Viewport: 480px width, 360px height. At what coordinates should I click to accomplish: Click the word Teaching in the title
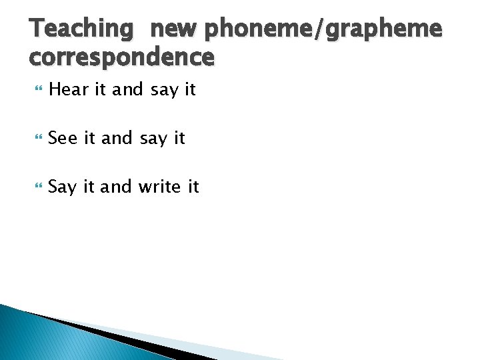pyautogui.click(x=82, y=29)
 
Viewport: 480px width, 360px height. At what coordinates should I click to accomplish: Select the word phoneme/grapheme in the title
pyautogui.click(x=323, y=29)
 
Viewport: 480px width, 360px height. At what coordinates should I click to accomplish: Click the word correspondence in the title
pyautogui.click(x=122, y=57)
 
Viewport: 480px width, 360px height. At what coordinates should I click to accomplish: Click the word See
pyautogui.click(x=63, y=138)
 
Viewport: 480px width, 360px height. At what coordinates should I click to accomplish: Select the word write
pyautogui.click(x=160, y=187)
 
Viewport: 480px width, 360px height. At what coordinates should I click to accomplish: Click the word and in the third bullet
pyautogui.click(x=117, y=187)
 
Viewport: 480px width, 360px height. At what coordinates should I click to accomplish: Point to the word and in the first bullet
pyautogui.click(x=128, y=89)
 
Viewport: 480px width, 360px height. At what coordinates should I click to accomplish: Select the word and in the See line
pyautogui.click(x=117, y=138)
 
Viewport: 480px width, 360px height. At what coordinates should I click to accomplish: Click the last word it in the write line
pyautogui.click(x=193, y=187)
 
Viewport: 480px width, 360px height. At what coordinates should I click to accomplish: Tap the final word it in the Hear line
pyautogui.click(x=189, y=89)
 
